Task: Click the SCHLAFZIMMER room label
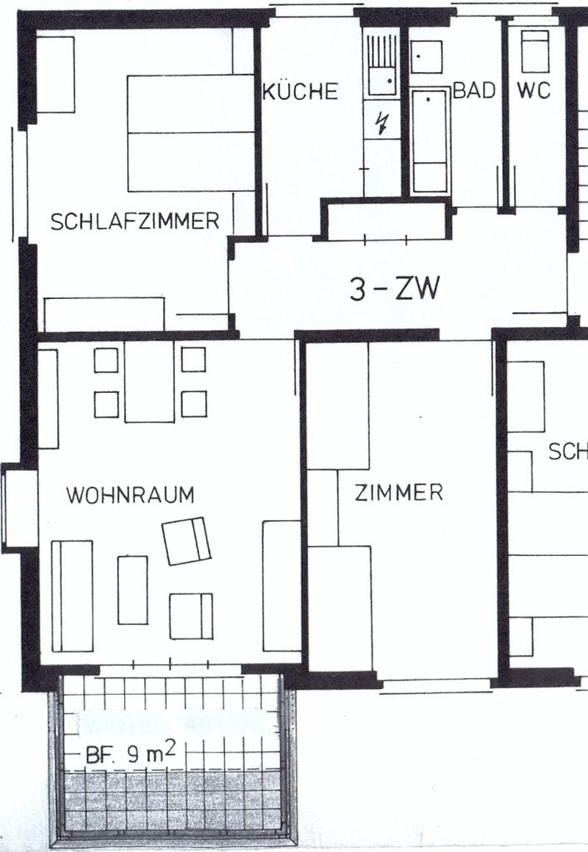pos(135,221)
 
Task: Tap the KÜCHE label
pos(301,92)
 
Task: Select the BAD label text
pos(475,91)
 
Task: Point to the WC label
pos(534,91)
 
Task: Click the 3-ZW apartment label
pos(395,291)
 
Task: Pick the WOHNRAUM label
pos(131,495)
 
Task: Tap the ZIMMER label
pos(399,492)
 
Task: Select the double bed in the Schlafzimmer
pos(190,133)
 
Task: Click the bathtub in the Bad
pos(429,140)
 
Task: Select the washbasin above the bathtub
pos(426,57)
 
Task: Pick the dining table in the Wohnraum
pos(149,381)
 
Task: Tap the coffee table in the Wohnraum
pos(132,590)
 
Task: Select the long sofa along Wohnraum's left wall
pos(72,596)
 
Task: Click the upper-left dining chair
pos(107,360)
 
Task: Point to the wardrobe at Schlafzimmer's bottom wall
pos(104,314)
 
